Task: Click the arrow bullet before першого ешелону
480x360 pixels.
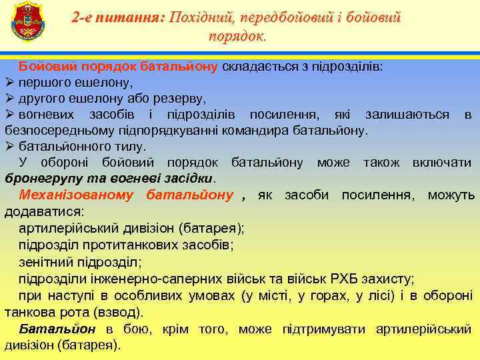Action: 10,83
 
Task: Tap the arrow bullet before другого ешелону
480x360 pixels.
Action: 10,99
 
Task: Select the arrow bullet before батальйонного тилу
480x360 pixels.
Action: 10,146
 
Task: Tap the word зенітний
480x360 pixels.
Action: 47,262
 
